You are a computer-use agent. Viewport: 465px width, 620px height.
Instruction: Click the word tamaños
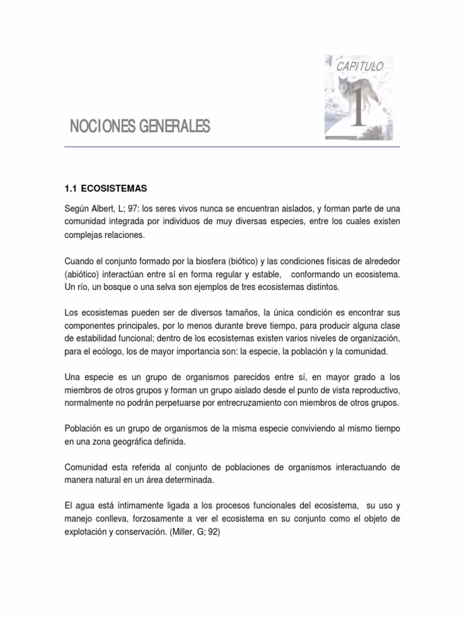click(x=240, y=313)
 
